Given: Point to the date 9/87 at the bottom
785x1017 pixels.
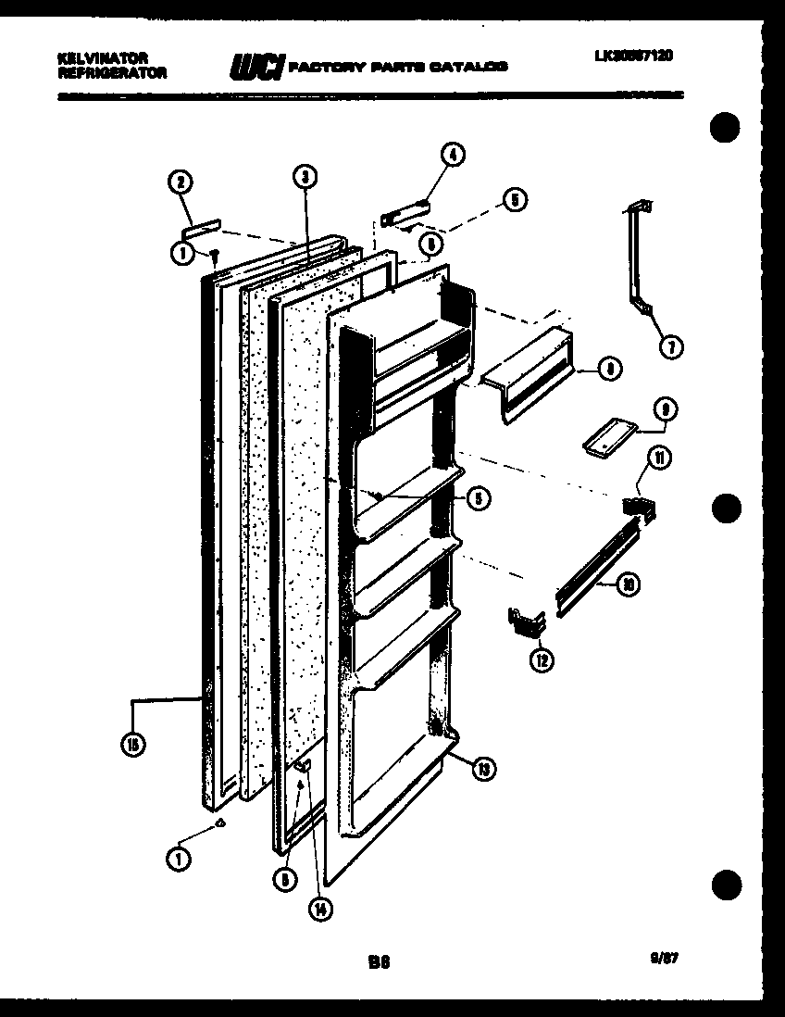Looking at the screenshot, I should coord(665,960).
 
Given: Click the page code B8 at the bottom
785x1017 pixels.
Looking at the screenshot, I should coord(378,962).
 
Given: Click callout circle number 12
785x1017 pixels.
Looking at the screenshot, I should coord(541,659).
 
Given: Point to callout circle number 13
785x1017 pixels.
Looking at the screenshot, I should coord(482,768).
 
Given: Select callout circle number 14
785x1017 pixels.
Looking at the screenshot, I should coord(320,909).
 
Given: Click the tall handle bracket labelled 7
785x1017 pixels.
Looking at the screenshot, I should coord(642,259).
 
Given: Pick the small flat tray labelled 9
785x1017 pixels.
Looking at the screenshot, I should coord(606,436).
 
